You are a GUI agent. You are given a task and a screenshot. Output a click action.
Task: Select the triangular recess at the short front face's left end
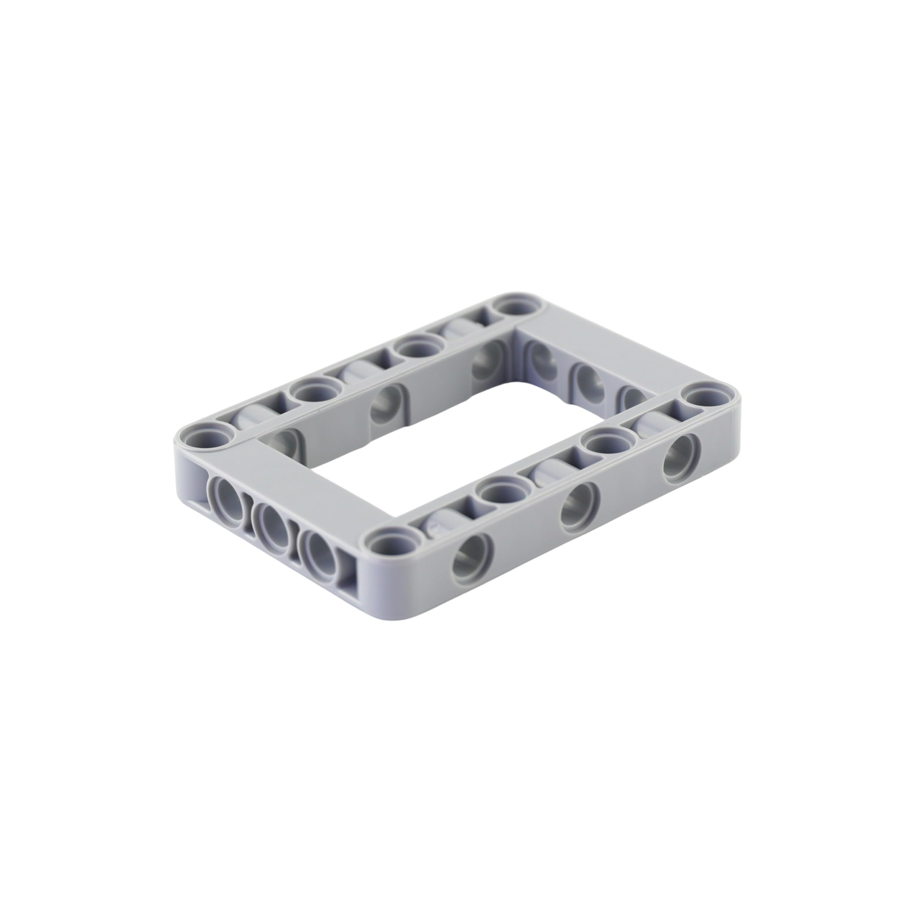click(x=199, y=477)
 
